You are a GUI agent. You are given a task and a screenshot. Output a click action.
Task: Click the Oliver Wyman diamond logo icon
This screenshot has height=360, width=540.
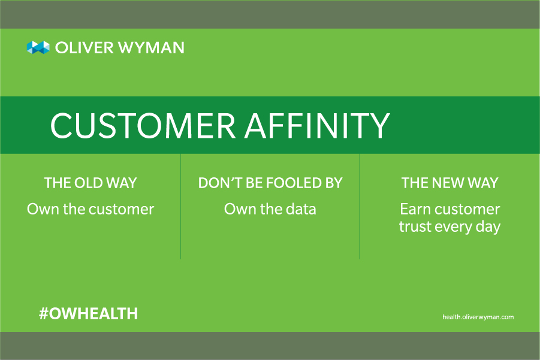38,47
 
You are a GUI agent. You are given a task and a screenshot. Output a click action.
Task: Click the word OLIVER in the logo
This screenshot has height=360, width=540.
85,48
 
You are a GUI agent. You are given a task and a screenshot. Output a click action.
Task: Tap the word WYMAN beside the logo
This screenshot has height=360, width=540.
151,48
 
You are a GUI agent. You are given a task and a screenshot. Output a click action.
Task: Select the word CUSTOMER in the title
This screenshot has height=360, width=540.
143,125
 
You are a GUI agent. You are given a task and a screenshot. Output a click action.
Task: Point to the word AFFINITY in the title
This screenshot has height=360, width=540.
317,125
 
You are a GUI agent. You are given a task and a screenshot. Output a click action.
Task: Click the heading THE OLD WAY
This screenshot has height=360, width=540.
90,183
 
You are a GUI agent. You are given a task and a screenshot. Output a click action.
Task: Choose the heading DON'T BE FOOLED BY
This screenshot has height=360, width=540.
270,183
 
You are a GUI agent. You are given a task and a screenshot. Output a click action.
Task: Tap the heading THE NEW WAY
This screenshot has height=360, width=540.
450,183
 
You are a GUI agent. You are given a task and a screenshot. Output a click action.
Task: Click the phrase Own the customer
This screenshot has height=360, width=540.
90,209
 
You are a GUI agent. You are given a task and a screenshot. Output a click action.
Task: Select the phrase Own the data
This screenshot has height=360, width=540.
270,209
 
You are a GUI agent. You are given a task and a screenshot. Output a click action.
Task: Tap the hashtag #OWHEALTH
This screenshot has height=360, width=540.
88,313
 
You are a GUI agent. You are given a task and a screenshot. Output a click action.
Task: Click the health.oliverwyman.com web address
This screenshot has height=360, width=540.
478,317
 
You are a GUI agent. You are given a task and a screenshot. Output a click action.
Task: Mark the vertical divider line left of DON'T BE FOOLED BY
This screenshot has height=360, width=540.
180,207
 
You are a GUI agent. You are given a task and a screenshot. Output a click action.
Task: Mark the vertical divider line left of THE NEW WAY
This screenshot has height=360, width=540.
360,207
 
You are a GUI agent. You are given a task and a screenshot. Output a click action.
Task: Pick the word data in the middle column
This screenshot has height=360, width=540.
301,209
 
